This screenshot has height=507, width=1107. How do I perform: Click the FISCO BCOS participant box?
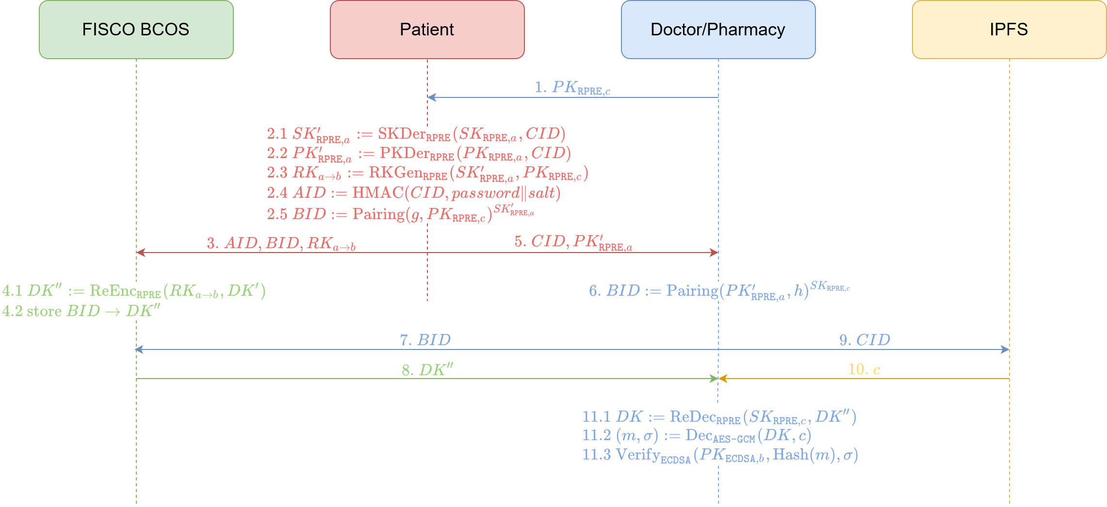point(136,30)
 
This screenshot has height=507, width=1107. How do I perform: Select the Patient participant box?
point(427,30)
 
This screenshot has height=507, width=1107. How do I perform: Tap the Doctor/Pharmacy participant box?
point(718,30)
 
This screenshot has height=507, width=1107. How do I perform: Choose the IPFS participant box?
point(1009,30)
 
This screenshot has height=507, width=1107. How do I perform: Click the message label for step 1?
point(572,88)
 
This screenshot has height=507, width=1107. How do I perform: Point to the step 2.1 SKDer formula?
point(416,134)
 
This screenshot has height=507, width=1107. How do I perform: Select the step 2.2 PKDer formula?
point(419,154)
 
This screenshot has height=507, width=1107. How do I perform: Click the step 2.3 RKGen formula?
point(427,173)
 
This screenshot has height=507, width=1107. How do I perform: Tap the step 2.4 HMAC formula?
point(414,193)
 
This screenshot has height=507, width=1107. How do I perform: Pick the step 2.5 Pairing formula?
point(400,214)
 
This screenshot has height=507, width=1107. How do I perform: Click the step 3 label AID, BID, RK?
point(281,243)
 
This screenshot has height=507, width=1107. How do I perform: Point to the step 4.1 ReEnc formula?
point(134,291)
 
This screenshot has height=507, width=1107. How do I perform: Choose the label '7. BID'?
point(425,340)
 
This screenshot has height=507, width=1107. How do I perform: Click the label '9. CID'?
point(865,340)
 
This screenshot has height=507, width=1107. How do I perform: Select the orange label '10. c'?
point(864,370)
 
